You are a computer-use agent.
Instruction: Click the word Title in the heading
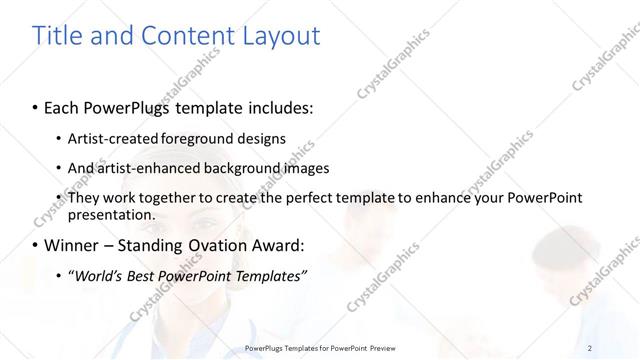point(59,36)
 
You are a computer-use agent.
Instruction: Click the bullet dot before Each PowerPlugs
point(35,105)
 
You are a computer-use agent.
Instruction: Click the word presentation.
point(111,214)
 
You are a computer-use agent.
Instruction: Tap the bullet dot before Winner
point(35,245)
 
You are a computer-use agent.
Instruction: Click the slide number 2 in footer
point(591,347)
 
